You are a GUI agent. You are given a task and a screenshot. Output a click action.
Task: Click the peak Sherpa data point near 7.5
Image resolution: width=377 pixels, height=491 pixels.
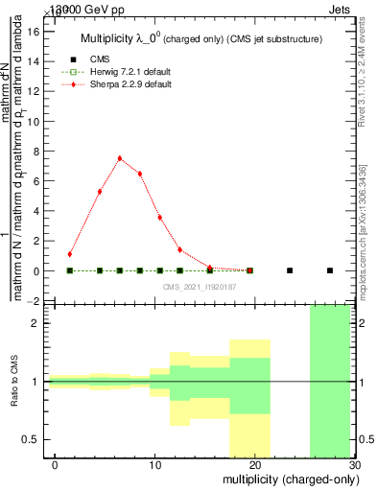(x=120, y=158)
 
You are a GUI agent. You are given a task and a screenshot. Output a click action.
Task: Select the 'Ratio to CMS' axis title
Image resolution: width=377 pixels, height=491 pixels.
(x=15, y=382)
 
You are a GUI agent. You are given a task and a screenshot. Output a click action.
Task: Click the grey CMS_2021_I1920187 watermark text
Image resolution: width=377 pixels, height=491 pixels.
(x=200, y=287)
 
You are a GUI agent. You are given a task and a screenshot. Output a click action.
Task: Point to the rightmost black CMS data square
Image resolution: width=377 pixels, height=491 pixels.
(x=330, y=270)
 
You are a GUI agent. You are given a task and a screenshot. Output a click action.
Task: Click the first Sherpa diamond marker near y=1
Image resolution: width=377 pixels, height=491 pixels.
(x=70, y=254)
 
